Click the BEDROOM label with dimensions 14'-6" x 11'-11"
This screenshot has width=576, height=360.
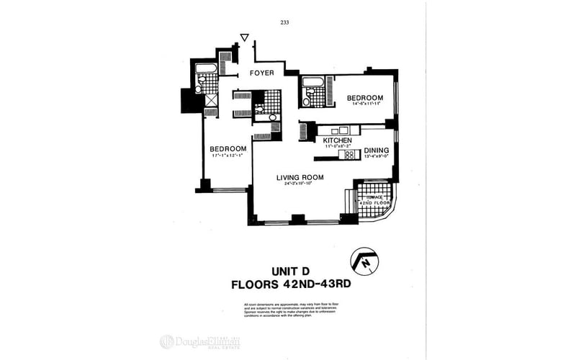click(365, 97)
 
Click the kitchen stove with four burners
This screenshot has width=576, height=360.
click(350, 154)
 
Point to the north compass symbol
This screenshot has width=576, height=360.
click(364, 261)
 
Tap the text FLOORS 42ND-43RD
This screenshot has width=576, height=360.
click(290, 284)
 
